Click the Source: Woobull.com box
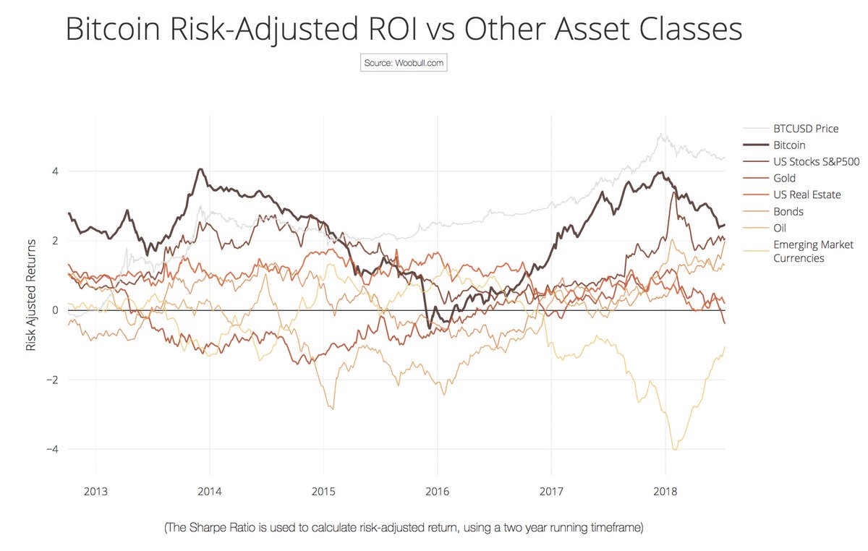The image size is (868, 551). [404, 63]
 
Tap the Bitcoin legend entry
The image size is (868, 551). [789, 145]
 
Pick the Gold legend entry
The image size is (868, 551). [784, 179]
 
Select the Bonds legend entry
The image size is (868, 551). [788, 212]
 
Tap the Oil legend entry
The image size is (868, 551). [780, 228]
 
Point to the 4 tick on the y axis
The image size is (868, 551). [54, 171]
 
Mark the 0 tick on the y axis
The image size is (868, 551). [54, 310]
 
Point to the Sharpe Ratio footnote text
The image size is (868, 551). [404, 529]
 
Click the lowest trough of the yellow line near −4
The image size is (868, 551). [675, 449]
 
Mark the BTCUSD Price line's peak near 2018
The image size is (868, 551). [660, 134]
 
